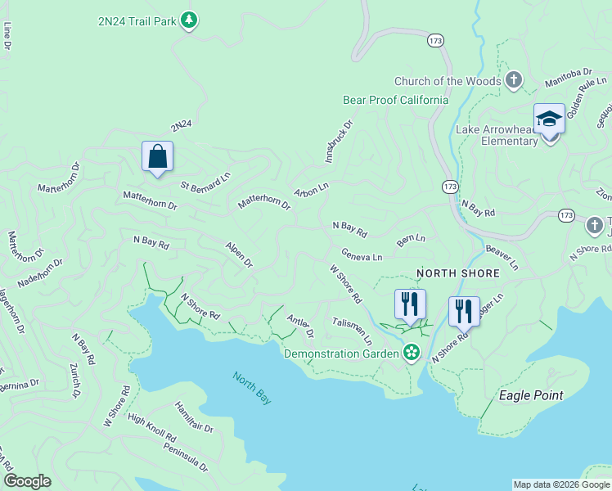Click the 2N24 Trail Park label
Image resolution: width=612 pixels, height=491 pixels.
[x=137, y=19]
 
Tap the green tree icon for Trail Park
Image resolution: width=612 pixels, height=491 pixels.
[x=189, y=19]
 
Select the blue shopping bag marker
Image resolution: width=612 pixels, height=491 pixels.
[x=157, y=156]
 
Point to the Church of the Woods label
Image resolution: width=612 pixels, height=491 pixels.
[x=447, y=81]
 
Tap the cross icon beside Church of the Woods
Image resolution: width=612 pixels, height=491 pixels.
[x=513, y=80]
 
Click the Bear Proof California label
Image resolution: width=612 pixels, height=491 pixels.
[x=395, y=100]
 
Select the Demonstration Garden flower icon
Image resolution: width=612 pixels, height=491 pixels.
[x=412, y=354]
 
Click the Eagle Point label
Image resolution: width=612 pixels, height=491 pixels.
[x=531, y=395]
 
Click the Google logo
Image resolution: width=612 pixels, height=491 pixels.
[x=27, y=481]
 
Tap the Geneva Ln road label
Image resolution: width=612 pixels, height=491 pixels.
[x=362, y=255]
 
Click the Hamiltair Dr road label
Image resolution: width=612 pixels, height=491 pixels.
[x=194, y=417]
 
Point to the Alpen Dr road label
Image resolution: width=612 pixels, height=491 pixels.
[x=239, y=255]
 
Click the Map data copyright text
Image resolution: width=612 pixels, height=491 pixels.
[x=560, y=484]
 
